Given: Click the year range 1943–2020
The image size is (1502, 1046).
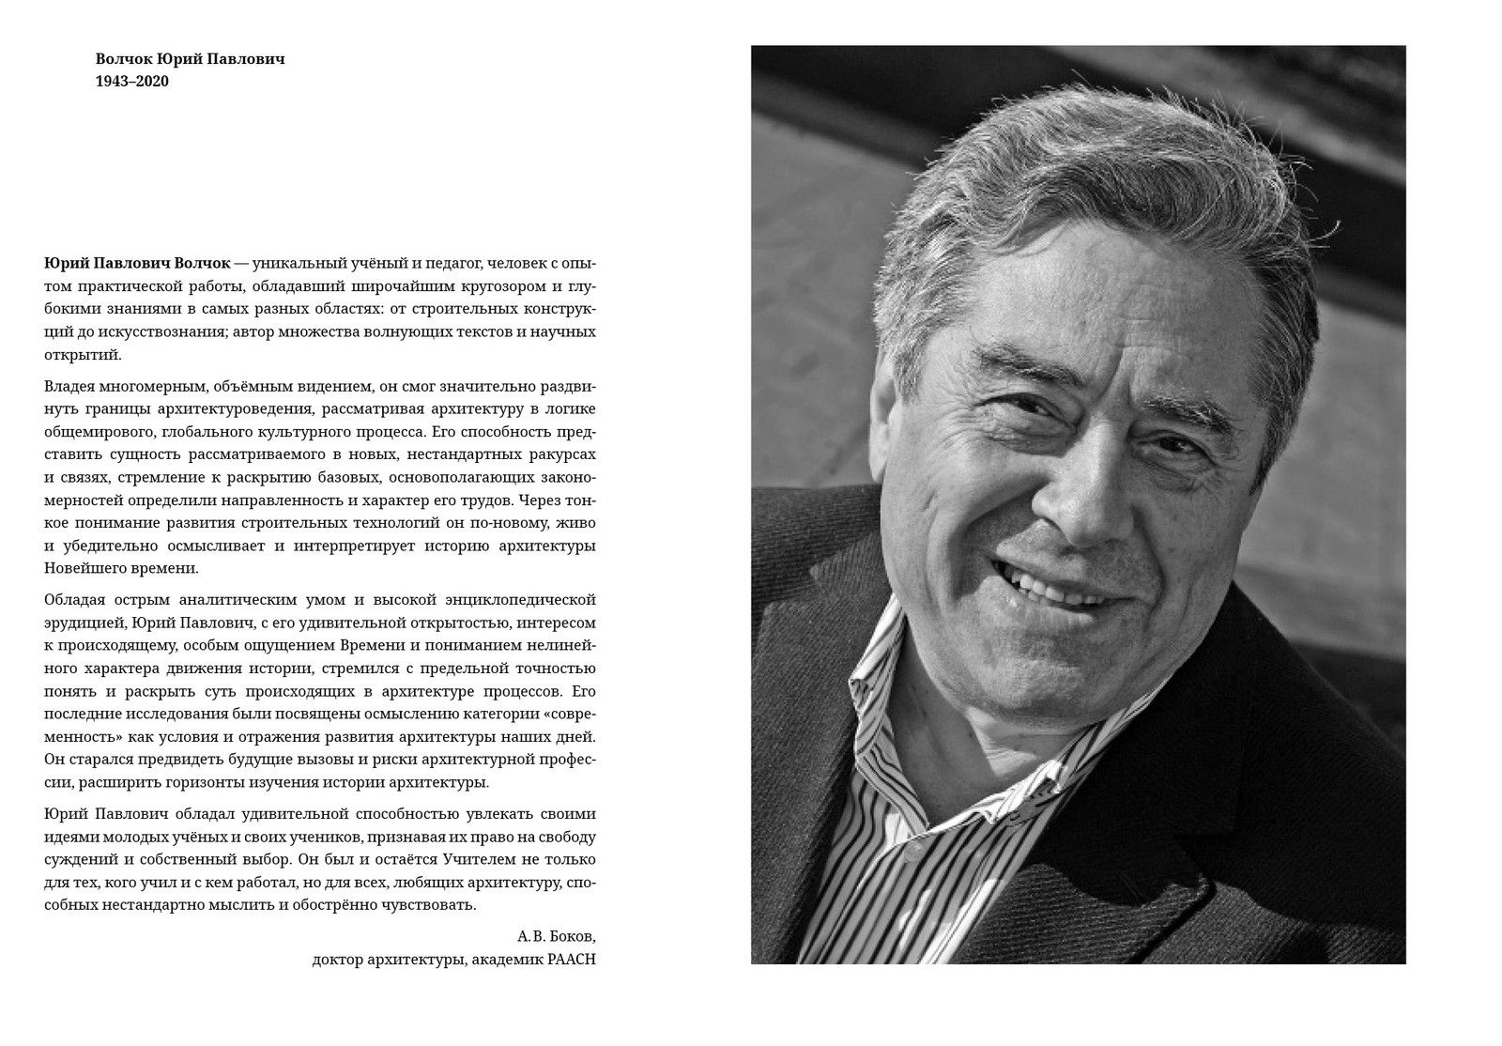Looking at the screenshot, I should [x=131, y=81].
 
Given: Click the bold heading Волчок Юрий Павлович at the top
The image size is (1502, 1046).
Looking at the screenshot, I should [x=190, y=58].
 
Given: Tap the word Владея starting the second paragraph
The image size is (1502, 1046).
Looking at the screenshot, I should [x=68, y=386].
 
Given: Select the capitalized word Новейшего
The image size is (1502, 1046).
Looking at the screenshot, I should [x=83, y=568].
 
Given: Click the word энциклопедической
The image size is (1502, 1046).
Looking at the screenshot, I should [x=529, y=599].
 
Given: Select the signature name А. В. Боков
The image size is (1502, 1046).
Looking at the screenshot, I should [x=556, y=936].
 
